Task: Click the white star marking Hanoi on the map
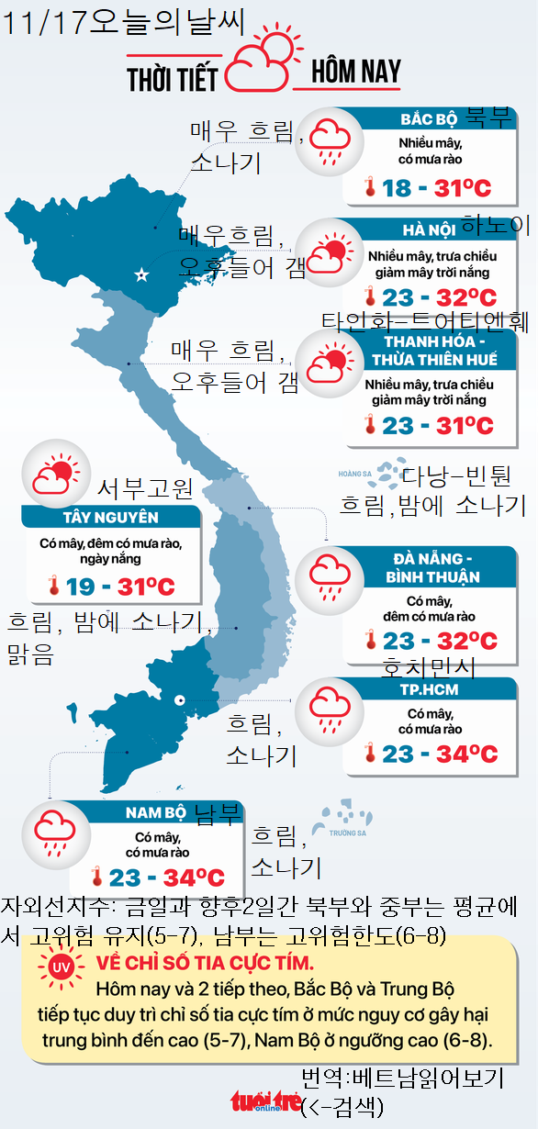141,274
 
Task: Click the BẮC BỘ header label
429,120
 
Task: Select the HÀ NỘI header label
429,229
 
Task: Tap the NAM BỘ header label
156,812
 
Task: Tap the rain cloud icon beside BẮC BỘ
327,140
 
